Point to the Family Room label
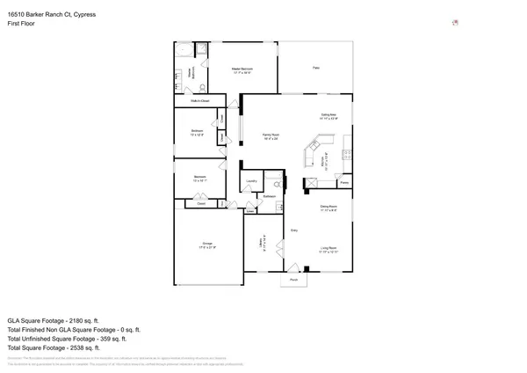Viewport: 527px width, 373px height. pyautogui.click(x=271, y=135)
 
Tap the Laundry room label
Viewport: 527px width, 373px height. pyautogui.click(x=250, y=181)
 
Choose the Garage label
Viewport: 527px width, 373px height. pyautogui.click(x=207, y=243)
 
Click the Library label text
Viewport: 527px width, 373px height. pyautogui.click(x=261, y=242)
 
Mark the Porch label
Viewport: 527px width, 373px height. pyautogui.click(x=293, y=280)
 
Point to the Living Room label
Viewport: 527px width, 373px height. pyautogui.click(x=328, y=248)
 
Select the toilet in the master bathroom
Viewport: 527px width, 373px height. pyautogui.click(x=203, y=87)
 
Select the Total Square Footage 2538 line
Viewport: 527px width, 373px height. pyautogui.click(x=59, y=347)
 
